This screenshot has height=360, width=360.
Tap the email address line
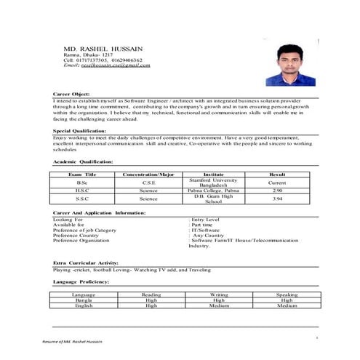(x=107, y=65)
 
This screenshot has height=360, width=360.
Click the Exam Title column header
(x=81, y=175)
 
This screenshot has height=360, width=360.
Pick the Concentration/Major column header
(x=148, y=175)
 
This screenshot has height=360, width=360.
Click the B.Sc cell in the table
(x=81, y=183)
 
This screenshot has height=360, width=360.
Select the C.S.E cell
(x=148, y=183)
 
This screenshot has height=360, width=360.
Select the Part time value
(x=204, y=225)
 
